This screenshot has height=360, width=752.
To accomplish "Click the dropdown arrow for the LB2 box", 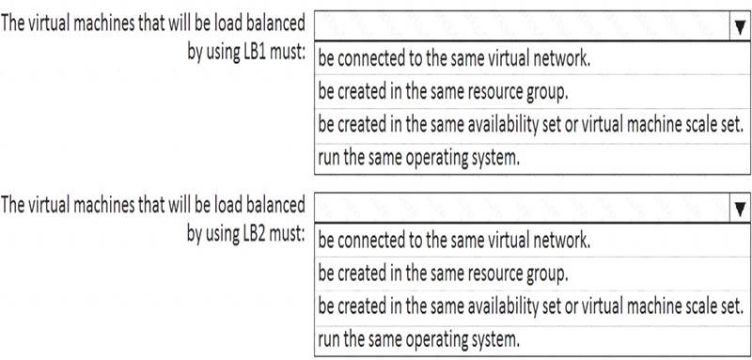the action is point(740,208).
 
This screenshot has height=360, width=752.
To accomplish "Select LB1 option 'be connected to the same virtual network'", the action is point(454,58).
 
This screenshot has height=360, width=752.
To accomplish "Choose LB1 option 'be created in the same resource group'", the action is point(443,91).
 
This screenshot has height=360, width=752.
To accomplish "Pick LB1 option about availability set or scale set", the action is point(530,125).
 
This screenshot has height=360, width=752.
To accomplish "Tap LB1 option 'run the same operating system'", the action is point(418,158).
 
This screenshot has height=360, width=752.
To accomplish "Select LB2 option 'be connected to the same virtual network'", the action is point(454,241).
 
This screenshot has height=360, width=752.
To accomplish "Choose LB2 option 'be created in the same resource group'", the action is point(443,274).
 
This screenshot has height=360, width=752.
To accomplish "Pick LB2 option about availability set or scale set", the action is point(530,306).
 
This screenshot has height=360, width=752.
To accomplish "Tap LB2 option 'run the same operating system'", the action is point(418,340).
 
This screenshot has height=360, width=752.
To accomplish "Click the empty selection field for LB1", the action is point(522,27).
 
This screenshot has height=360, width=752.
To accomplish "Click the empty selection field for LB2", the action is point(522,208).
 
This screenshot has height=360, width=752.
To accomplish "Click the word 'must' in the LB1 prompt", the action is point(286,53).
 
